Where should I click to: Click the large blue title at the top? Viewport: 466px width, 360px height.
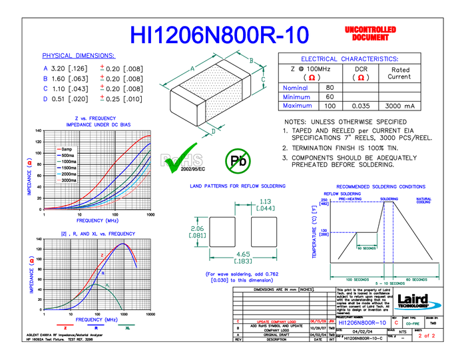(219, 35)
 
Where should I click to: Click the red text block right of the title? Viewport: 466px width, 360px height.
(370, 33)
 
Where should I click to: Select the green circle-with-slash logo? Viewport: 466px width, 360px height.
(238, 162)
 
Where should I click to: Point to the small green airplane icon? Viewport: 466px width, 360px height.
(212, 128)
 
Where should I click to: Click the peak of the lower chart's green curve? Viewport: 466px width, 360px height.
(98, 285)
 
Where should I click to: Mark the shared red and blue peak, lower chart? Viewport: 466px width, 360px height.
(123, 244)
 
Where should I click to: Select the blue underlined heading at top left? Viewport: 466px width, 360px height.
(79, 56)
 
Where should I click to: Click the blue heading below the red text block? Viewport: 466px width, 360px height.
(349, 59)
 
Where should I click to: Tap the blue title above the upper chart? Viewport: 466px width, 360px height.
(98, 121)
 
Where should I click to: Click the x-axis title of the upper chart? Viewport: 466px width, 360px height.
(97, 220)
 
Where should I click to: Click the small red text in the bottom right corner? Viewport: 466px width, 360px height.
(427, 335)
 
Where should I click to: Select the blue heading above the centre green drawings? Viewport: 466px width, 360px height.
(238, 186)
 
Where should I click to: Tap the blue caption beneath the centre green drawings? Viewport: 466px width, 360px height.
(242, 276)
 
